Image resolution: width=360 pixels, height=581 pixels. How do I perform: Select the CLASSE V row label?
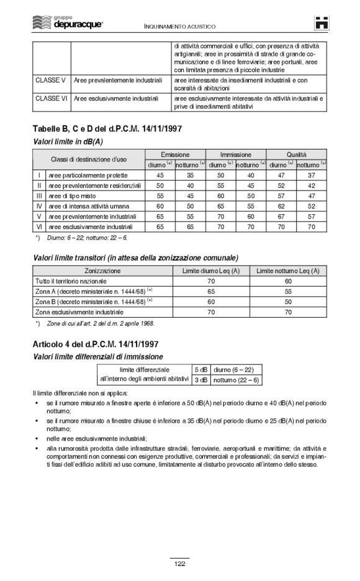tap(50, 80)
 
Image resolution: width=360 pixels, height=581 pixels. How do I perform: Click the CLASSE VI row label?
tap(52, 98)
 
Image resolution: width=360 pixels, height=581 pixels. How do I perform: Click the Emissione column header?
tap(175, 154)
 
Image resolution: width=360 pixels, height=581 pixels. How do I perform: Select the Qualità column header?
tap(296, 154)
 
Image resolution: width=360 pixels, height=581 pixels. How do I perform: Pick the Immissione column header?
tap(236, 154)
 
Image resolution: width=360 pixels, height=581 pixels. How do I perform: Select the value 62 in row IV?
tap(281, 205)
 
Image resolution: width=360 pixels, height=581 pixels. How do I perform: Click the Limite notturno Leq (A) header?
tap(287, 271)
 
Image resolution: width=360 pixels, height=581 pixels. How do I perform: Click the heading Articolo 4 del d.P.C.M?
tap(103, 344)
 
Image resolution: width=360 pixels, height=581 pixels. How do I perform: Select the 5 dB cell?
tap(201, 369)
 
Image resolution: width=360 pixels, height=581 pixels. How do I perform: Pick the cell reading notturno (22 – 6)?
tap(236, 380)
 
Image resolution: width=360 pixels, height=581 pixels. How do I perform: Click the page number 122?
tap(179, 563)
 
